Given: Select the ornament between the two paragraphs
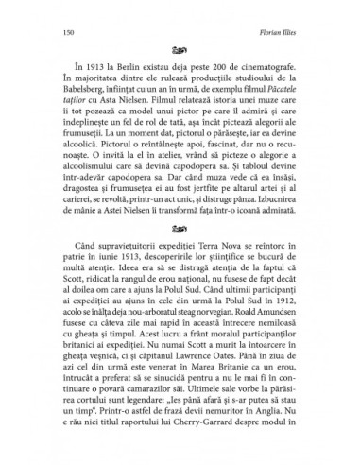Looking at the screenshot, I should click(180, 253).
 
